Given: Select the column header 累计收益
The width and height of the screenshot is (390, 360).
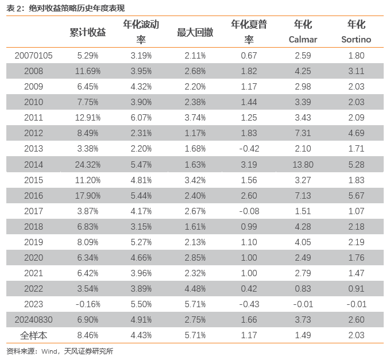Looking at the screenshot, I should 87,32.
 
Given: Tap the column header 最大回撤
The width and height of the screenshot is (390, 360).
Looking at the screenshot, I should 195,32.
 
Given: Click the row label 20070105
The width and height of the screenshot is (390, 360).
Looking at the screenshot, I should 33,56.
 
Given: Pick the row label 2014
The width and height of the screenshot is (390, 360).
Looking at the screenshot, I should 33,165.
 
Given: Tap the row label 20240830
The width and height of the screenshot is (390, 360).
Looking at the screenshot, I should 33,320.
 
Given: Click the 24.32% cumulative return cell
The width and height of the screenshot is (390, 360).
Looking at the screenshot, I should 87,165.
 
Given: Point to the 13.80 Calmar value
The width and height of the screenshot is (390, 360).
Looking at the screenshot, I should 303,165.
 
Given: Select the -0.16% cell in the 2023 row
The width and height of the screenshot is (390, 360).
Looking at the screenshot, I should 87,304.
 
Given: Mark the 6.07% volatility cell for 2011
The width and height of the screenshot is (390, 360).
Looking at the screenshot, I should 141,118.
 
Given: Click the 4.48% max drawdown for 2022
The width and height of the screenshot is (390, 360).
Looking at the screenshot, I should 195,289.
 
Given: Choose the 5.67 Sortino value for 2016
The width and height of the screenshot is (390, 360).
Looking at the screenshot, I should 356,196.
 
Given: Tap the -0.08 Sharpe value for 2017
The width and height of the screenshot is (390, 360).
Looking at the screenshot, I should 249,211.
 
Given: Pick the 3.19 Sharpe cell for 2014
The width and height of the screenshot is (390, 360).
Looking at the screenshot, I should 249,165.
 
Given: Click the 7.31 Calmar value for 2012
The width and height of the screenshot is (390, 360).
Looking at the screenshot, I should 303,133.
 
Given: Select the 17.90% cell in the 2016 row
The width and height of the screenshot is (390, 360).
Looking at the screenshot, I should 87,196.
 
